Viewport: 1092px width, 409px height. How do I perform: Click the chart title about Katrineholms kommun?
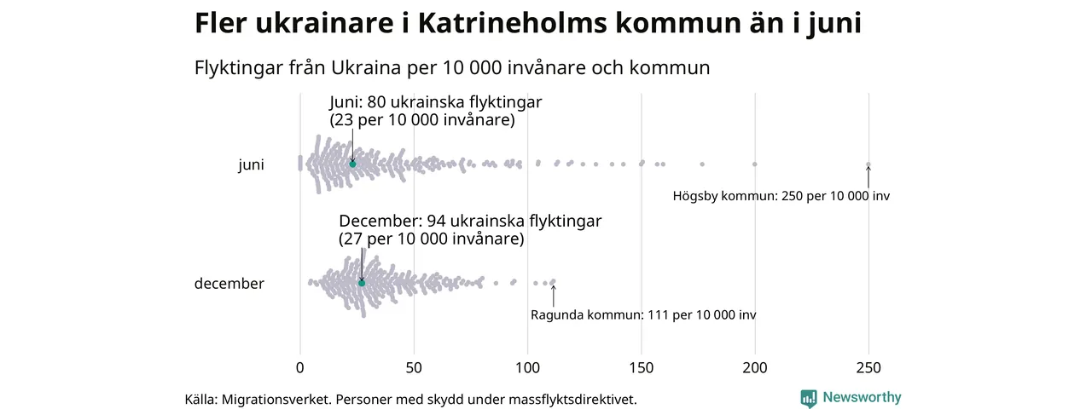pos(527,24)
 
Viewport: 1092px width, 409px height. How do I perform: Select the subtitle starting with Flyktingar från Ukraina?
pos(452,67)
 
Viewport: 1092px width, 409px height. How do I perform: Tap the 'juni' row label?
pos(251,165)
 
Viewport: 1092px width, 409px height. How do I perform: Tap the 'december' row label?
pos(229,284)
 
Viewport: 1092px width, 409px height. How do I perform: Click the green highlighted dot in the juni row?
pos(352,164)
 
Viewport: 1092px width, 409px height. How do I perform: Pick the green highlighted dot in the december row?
pos(362,283)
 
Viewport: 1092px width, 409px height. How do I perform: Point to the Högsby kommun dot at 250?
pos(868,164)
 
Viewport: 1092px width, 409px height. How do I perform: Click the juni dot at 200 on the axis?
pos(755,164)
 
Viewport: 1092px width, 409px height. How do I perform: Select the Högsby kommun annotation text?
pos(781,196)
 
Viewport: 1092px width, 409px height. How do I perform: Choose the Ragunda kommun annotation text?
pos(643,315)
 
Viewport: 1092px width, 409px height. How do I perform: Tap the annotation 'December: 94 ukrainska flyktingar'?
pos(470,222)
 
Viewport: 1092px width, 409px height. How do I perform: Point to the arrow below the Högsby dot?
pos(868,176)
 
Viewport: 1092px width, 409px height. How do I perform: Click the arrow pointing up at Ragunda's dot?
pos(554,295)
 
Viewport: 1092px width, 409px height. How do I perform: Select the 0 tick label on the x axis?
pos(299,368)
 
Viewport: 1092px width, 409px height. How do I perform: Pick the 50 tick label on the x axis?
pos(414,368)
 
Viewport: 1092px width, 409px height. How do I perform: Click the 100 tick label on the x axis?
pos(527,368)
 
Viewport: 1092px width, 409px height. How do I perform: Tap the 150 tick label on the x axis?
pos(642,368)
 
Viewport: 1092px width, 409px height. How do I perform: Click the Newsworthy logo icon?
pos(809,398)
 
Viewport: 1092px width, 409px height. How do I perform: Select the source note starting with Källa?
pos(410,399)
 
